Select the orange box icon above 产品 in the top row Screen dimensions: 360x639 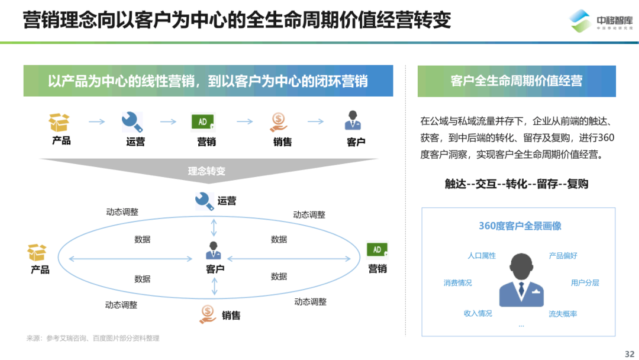pyautogui.click(x=59, y=123)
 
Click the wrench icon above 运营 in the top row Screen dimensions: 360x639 pyautogui.click(x=132, y=122)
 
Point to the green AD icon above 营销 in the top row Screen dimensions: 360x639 pyautogui.click(x=203, y=122)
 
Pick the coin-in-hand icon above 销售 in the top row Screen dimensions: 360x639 pyautogui.click(x=279, y=122)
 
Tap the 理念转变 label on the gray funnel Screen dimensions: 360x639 pyautogui.click(x=206, y=171)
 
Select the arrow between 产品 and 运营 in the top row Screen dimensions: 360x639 pyautogui.click(x=96, y=122)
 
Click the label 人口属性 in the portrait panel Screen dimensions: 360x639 pyautogui.click(x=482, y=256)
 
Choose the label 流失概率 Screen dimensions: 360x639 pyautogui.click(x=563, y=314)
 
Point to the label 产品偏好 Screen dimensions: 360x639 pyautogui.click(x=563, y=256)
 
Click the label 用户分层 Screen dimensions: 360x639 pyautogui.click(x=585, y=283)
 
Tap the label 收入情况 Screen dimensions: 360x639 pyautogui.click(x=477, y=313)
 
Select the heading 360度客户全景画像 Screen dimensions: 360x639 pyautogui.click(x=520, y=226)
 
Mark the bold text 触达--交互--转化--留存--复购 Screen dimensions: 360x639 pyautogui.click(x=517, y=184)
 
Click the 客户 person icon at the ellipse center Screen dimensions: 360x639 pyautogui.click(x=214, y=250)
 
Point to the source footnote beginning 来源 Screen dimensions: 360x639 pyautogui.click(x=93, y=338)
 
